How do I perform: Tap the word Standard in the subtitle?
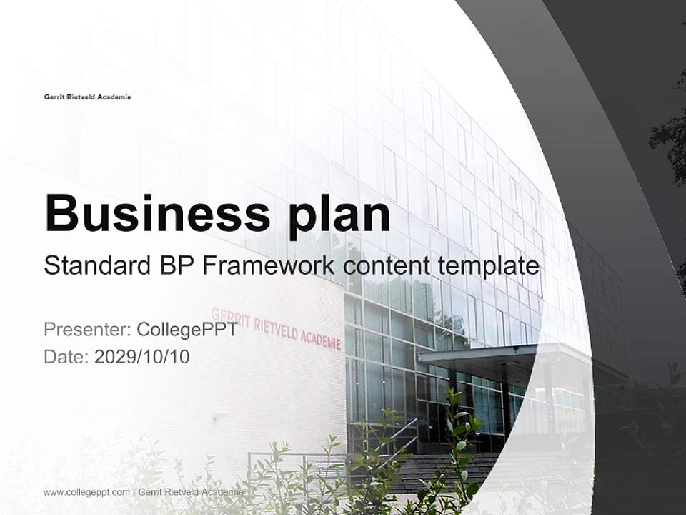pyautogui.click(x=94, y=266)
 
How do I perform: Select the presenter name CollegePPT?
pyautogui.click(x=187, y=330)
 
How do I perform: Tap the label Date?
pyautogui.click(x=66, y=356)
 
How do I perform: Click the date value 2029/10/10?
pyautogui.click(x=141, y=356)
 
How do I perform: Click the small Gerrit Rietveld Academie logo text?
pyautogui.click(x=87, y=97)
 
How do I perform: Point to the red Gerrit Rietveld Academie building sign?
pyautogui.click(x=276, y=328)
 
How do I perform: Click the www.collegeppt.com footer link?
pyautogui.click(x=86, y=492)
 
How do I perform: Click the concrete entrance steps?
pyautogui.click(x=429, y=469)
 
